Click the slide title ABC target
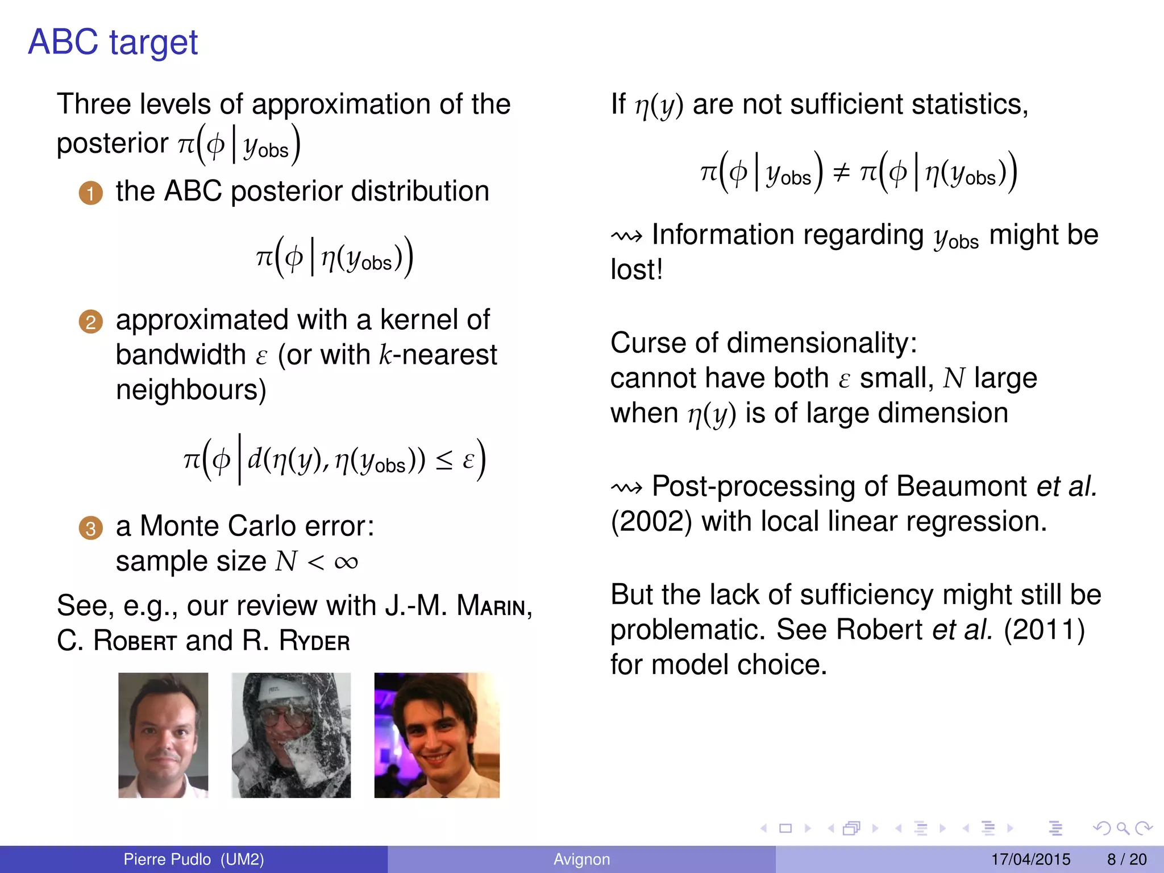pyautogui.click(x=113, y=43)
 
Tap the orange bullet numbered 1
pyautogui.click(x=90, y=193)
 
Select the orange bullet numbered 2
pyautogui.click(x=90, y=322)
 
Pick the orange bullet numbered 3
pyautogui.click(x=90, y=528)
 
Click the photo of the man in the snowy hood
pyautogui.click(x=291, y=735)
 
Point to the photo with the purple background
pyautogui.click(x=436, y=735)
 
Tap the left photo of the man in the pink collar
pyautogui.click(x=163, y=735)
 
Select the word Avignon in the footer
pyautogui.click(x=581, y=859)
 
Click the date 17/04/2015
pyautogui.click(x=1030, y=859)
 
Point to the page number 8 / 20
pyautogui.click(x=1126, y=859)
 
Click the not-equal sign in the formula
pyautogui.click(x=841, y=172)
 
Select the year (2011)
pyautogui.click(x=1044, y=630)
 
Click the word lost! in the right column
pyautogui.click(x=637, y=270)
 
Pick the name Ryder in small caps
pyautogui.click(x=314, y=641)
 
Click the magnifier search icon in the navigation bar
pyautogui.click(x=1122, y=828)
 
